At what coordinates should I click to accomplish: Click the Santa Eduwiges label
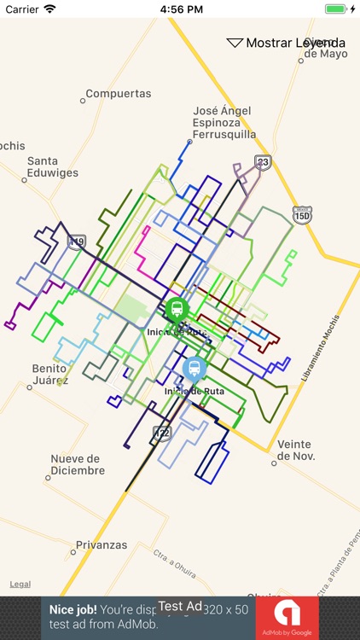point(53,166)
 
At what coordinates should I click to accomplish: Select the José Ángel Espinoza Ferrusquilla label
point(224,123)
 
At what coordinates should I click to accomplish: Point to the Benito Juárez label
point(49,374)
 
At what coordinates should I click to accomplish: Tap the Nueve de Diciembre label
point(78,464)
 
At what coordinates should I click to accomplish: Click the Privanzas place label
point(102,545)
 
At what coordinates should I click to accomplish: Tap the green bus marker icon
point(177,309)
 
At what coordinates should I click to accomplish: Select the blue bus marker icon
point(195,369)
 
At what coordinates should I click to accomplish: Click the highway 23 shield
point(264,162)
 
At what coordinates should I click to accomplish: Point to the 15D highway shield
point(302,215)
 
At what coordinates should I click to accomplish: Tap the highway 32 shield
point(162,433)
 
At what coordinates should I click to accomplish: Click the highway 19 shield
point(78,242)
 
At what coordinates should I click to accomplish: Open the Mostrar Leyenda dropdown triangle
point(235,43)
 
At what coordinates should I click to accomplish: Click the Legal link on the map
point(20,585)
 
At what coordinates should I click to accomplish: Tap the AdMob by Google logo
point(287,618)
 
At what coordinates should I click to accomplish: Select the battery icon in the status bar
point(336,9)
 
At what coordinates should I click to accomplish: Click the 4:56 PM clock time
point(179,9)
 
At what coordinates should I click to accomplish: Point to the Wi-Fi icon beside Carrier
point(49,9)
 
